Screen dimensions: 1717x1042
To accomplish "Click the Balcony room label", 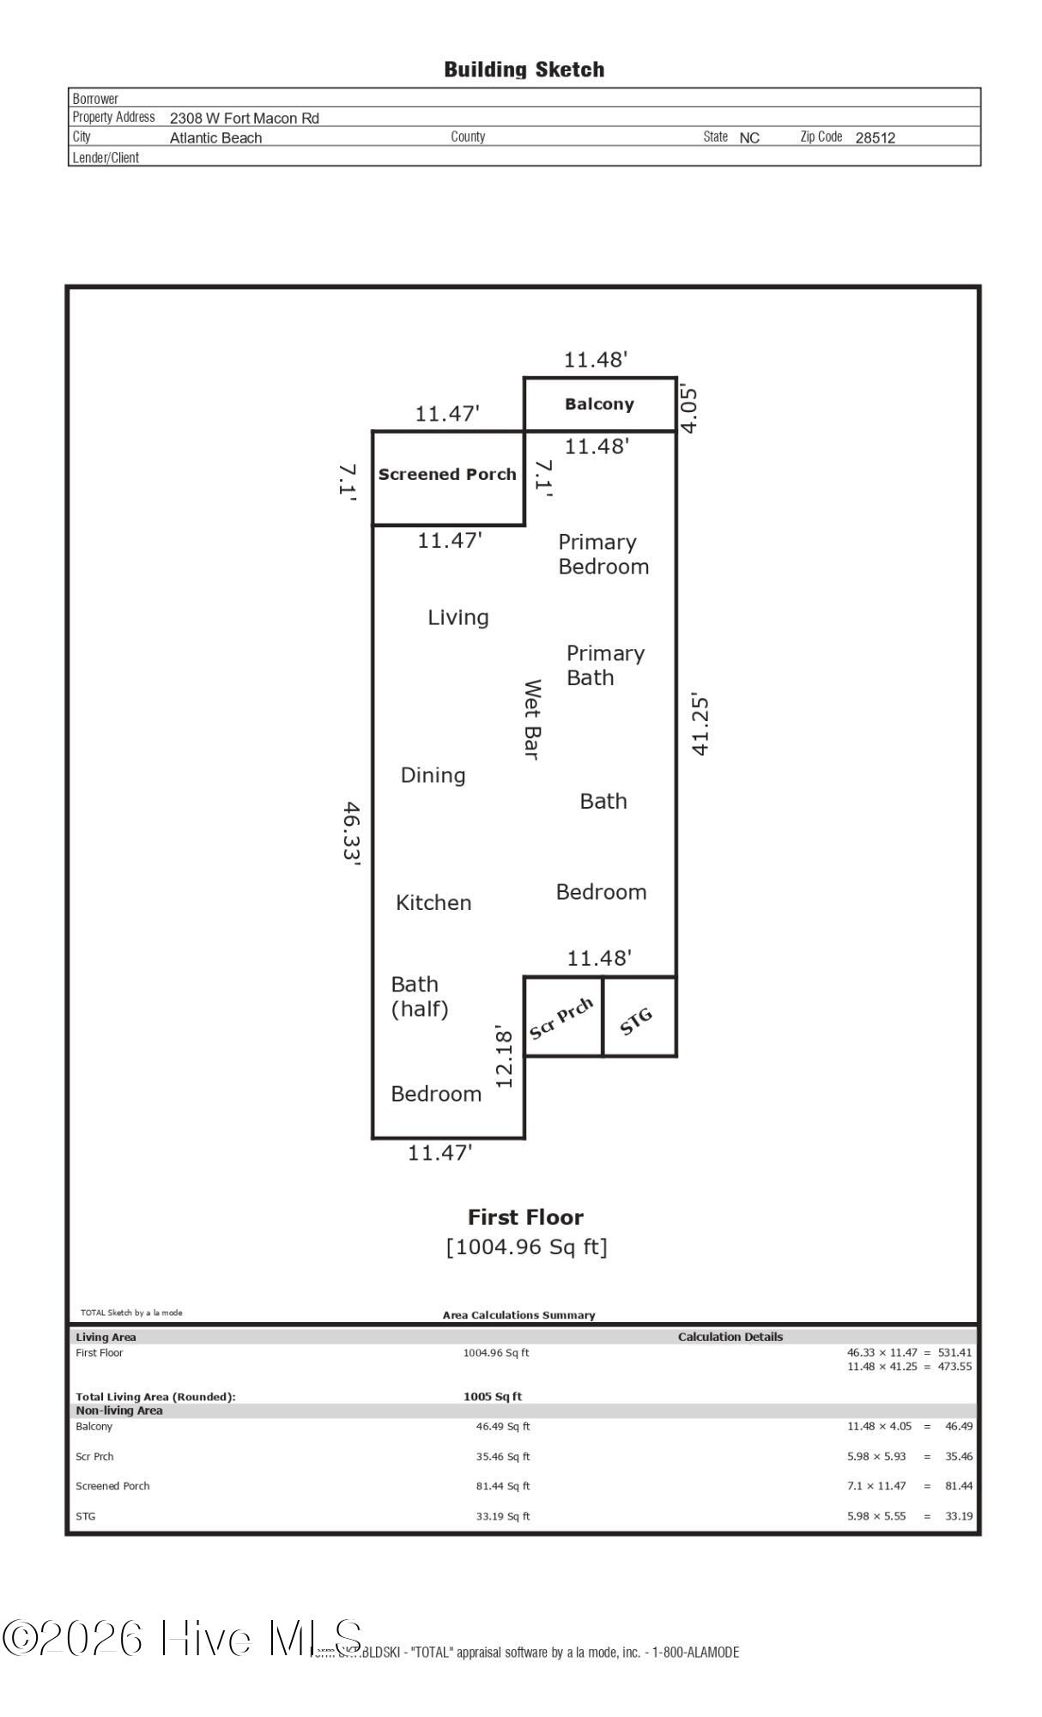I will click(x=599, y=404).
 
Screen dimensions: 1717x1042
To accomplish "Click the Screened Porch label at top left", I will click(x=447, y=475).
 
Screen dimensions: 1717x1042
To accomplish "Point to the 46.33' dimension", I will click(x=351, y=834).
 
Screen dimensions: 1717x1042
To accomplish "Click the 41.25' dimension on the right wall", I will click(x=700, y=725).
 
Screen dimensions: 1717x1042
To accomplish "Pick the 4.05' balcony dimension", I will click(x=688, y=410).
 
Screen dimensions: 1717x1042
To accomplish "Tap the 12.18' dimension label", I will click(x=504, y=1059).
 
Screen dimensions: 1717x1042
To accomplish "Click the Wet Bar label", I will click(x=532, y=719).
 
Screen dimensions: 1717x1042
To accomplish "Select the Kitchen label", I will click(x=433, y=902).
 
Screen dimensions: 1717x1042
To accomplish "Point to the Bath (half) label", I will click(x=420, y=996).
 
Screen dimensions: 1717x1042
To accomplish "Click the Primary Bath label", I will click(x=605, y=665).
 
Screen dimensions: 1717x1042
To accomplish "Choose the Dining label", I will click(x=433, y=775).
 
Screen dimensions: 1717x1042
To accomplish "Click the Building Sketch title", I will click(x=524, y=70).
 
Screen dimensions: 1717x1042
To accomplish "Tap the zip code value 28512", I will click(x=875, y=138).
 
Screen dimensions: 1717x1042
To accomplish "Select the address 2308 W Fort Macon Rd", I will click(x=244, y=118).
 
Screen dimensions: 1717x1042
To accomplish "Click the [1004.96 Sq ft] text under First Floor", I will click(x=526, y=1247).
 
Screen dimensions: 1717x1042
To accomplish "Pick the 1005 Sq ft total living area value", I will click(x=493, y=1397).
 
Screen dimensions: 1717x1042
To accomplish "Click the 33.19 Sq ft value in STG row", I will click(x=503, y=1516).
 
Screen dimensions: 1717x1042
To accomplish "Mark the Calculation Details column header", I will click(x=730, y=1337).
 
